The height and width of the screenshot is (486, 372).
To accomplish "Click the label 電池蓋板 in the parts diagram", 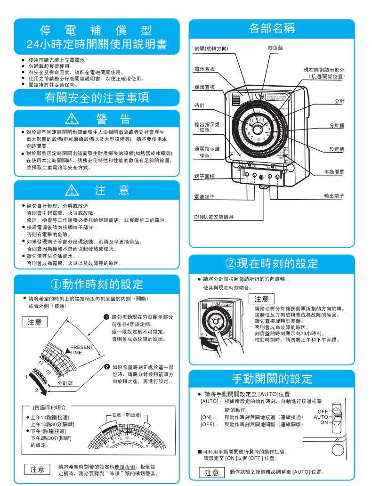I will click(205, 69).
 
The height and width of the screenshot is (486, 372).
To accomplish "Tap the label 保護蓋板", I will click(205, 88).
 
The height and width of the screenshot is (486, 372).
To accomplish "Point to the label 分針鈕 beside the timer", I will click(336, 126).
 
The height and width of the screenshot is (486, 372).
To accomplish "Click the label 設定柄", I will click(336, 149).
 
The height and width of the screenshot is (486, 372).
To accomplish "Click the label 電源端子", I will click(205, 196).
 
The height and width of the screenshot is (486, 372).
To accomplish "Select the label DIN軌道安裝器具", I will click(214, 217).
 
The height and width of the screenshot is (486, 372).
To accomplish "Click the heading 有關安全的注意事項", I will click(97, 97).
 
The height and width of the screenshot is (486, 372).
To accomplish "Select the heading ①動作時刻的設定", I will click(97, 284).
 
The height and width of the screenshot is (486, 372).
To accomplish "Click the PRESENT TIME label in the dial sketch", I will click(81, 349).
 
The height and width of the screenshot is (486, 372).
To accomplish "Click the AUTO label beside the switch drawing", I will click(321, 417).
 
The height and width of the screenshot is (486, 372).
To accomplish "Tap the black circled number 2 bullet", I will click(107, 367).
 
